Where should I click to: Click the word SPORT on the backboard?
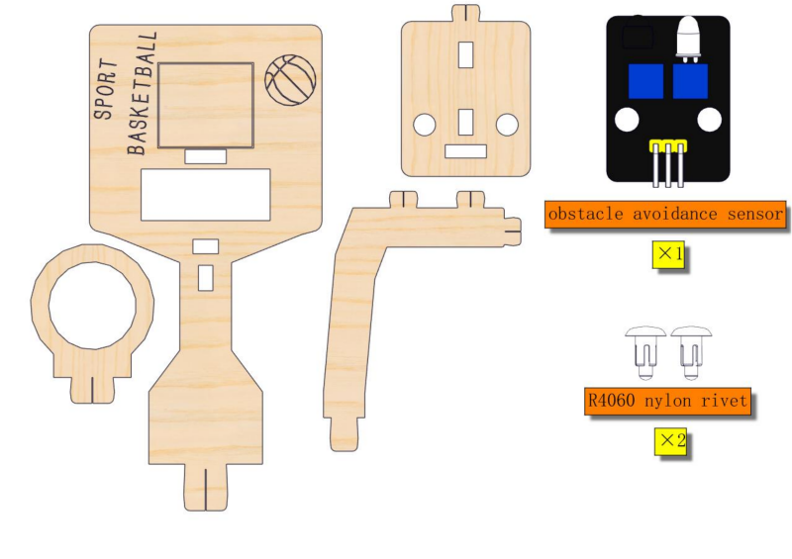point(106,89)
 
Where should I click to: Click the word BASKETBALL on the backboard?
point(142,93)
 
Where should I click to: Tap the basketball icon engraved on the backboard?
point(290,80)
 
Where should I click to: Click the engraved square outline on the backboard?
point(206,105)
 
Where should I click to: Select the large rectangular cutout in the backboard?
point(206,194)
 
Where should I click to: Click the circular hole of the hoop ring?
point(92,306)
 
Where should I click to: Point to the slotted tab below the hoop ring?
point(92,390)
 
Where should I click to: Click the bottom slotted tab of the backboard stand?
point(206,488)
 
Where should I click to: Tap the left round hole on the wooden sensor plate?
point(425,125)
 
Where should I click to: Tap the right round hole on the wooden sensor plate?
point(507,125)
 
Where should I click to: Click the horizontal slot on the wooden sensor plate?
point(465,151)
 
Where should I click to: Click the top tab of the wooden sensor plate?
point(465,13)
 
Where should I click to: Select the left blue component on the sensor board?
point(645,81)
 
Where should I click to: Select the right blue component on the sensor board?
point(690,81)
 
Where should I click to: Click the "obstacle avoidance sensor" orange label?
point(665,214)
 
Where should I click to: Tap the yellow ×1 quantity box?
point(668,254)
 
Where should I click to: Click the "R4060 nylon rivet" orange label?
point(667,402)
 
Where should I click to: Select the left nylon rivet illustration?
point(645,352)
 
